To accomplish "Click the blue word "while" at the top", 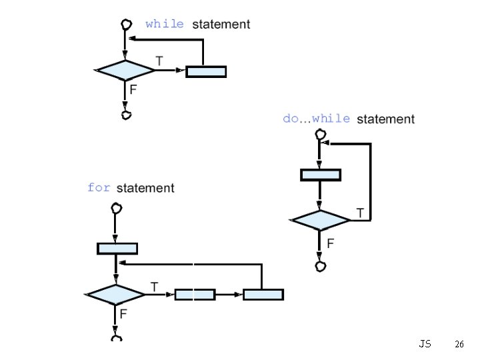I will pyautogui.click(x=165, y=24).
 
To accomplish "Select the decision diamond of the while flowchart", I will pyautogui.click(x=125, y=70).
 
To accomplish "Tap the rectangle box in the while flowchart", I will pyautogui.click(x=206, y=71).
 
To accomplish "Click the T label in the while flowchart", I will pyautogui.click(x=159, y=61).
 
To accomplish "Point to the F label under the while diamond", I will pyautogui.click(x=133, y=89).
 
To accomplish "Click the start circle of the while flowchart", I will pyautogui.click(x=125, y=25).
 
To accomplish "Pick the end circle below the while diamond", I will pyautogui.click(x=126, y=115).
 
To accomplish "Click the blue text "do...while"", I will pyautogui.click(x=316, y=119).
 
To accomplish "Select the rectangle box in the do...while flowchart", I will pyautogui.click(x=321, y=175).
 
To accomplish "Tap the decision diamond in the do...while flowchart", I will pyautogui.click(x=320, y=220).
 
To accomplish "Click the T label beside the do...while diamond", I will pyautogui.click(x=360, y=213).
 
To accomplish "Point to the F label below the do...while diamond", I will pyautogui.click(x=330, y=243).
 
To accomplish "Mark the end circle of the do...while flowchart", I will pyautogui.click(x=321, y=267).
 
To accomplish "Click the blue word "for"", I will pyautogui.click(x=99, y=187).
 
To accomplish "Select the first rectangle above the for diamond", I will pyautogui.click(x=117, y=249).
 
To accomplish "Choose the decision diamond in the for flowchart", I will pyautogui.click(x=116, y=294).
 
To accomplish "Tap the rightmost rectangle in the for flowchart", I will pyautogui.click(x=263, y=294).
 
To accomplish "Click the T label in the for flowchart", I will pyautogui.click(x=154, y=287).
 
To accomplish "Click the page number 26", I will pyautogui.click(x=459, y=345).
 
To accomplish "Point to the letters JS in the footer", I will pyautogui.click(x=425, y=344).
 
